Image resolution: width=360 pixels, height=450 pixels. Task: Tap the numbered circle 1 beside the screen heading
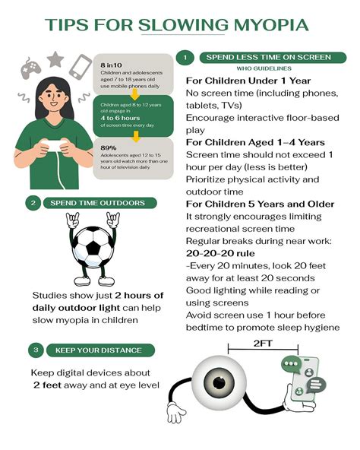pos(185,58)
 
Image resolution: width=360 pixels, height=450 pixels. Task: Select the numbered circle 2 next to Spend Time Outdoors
pos(33,203)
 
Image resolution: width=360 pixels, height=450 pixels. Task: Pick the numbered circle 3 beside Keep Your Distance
pos(35,350)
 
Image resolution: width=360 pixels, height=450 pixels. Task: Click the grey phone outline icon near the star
pos(79,67)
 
